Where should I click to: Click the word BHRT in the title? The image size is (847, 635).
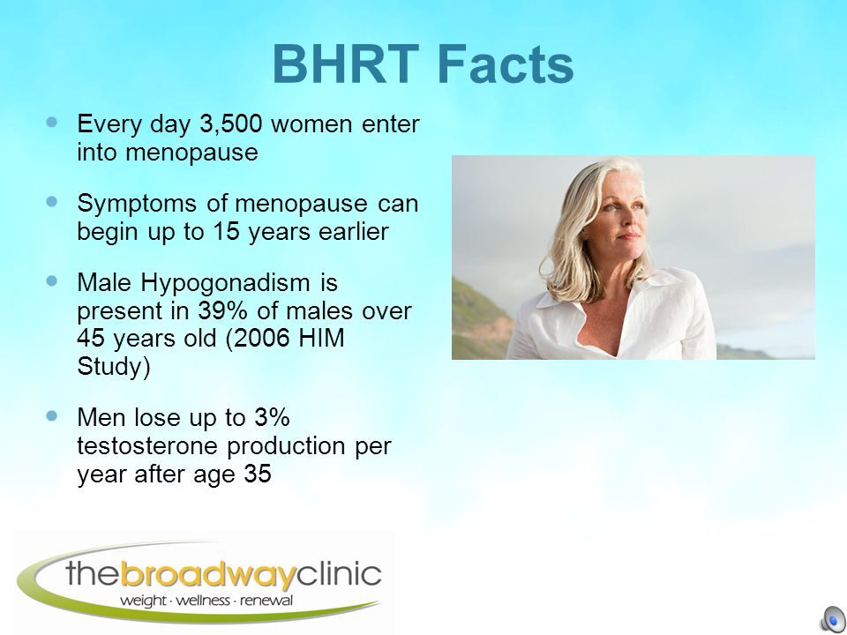click(346, 64)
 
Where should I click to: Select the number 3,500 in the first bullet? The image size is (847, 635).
click(230, 124)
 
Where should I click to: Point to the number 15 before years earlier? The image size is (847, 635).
click(226, 231)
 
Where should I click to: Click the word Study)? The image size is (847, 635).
click(114, 367)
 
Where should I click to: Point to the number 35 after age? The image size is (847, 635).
click(257, 474)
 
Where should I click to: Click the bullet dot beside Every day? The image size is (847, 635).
click(52, 122)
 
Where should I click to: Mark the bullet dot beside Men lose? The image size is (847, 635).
click(52, 415)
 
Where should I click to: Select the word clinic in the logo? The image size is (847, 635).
click(339, 573)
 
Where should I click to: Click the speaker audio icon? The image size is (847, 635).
click(833, 618)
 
